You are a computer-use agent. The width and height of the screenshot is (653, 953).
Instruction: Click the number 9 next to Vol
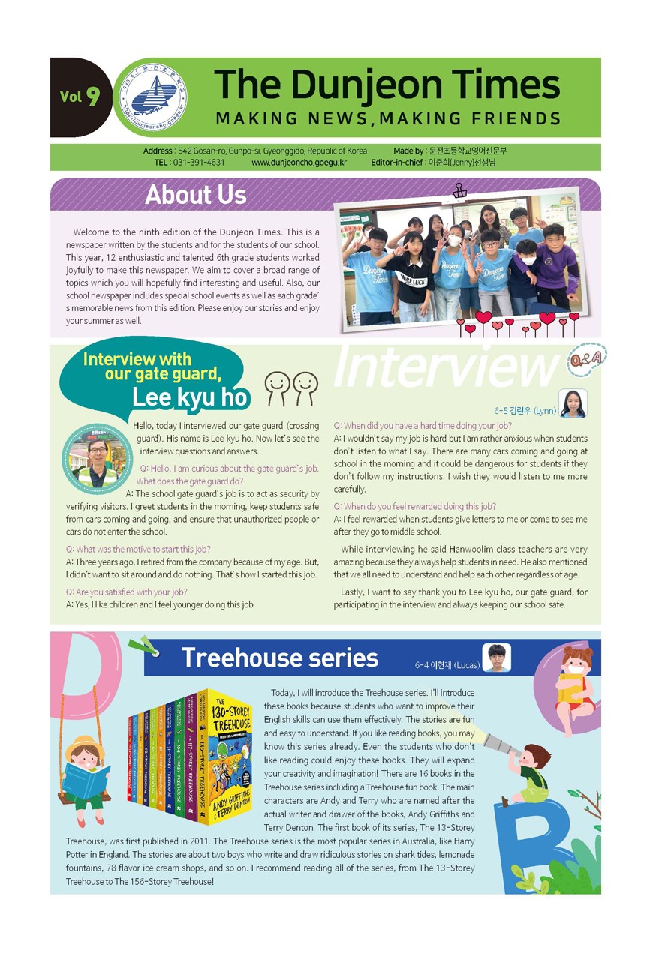tap(92, 97)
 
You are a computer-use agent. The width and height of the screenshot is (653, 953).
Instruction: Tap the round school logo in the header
tap(153, 97)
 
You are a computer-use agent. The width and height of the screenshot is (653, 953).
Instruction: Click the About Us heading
tap(195, 195)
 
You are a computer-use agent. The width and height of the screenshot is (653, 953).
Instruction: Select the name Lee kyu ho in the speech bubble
tap(189, 397)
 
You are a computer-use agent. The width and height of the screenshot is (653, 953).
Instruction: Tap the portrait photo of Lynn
tap(573, 403)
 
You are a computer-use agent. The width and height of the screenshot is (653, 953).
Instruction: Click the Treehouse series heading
tap(279, 658)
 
